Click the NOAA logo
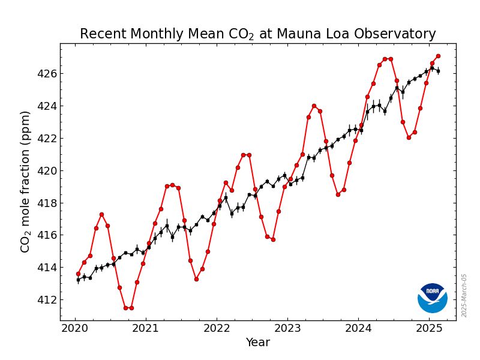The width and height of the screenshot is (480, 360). point(433,298)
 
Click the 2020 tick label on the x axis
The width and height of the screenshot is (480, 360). point(75,329)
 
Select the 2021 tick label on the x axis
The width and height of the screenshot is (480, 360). point(146,329)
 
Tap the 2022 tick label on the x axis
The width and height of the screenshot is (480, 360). point(217,329)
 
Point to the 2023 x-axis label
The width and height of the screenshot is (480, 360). point(287,329)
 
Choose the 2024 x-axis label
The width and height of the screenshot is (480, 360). point(358,329)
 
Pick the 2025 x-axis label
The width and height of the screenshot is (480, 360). point(429,329)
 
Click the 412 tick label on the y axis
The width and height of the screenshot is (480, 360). point(46,299)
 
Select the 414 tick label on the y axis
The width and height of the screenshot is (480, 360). point(46,267)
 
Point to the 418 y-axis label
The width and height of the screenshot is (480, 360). point(46,203)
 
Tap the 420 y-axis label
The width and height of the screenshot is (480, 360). point(46,170)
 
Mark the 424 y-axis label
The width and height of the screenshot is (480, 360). point(46,106)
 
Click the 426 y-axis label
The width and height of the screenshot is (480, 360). point(46,74)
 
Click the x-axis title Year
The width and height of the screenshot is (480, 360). point(258,343)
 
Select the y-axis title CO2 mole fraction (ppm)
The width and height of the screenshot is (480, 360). point(25,181)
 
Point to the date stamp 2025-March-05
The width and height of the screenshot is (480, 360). point(464,295)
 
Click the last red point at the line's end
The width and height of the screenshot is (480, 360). point(438,56)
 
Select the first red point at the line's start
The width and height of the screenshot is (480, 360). point(78,274)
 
